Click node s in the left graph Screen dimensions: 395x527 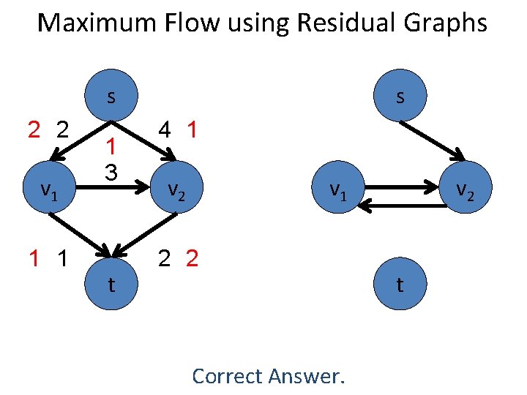[x=111, y=97]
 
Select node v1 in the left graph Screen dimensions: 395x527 [x=49, y=191]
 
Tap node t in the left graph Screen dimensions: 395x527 [x=111, y=285]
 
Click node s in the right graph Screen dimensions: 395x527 [x=399, y=97]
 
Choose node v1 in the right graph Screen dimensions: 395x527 [x=337, y=191]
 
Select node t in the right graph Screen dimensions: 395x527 [x=399, y=285]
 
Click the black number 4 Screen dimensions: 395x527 [x=165, y=130]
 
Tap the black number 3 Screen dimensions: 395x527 [x=110, y=173]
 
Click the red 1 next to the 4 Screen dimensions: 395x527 [x=192, y=130]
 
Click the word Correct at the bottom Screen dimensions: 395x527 [x=226, y=376]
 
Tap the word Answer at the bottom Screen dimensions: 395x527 [x=305, y=376]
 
